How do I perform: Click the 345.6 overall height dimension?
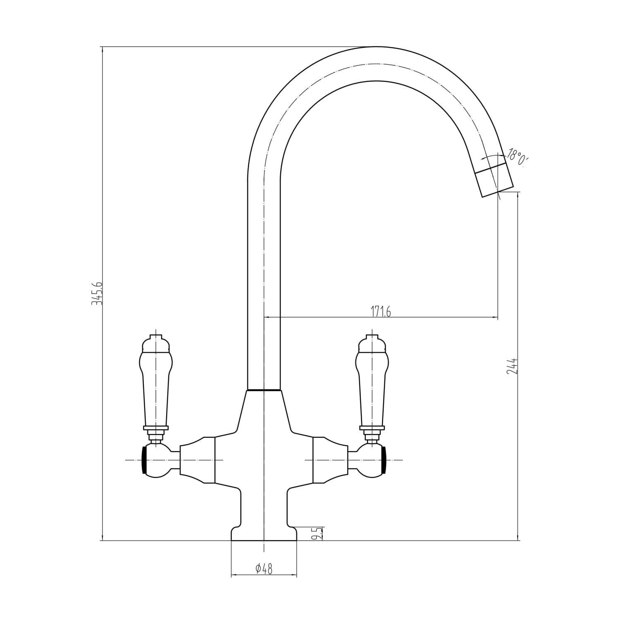click(96, 293)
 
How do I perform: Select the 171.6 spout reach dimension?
click(380, 312)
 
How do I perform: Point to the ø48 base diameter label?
click(264, 569)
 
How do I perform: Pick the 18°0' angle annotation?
click(517, 158)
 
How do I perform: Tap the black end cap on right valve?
click(385, 460)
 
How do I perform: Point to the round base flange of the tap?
click(264, 534)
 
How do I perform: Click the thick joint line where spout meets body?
click(264, 390)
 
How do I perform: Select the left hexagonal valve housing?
click(198, 460)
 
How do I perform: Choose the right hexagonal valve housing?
click(330, 460)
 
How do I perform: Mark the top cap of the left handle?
click(155, 343)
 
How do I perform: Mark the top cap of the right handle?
click(372, 343)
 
